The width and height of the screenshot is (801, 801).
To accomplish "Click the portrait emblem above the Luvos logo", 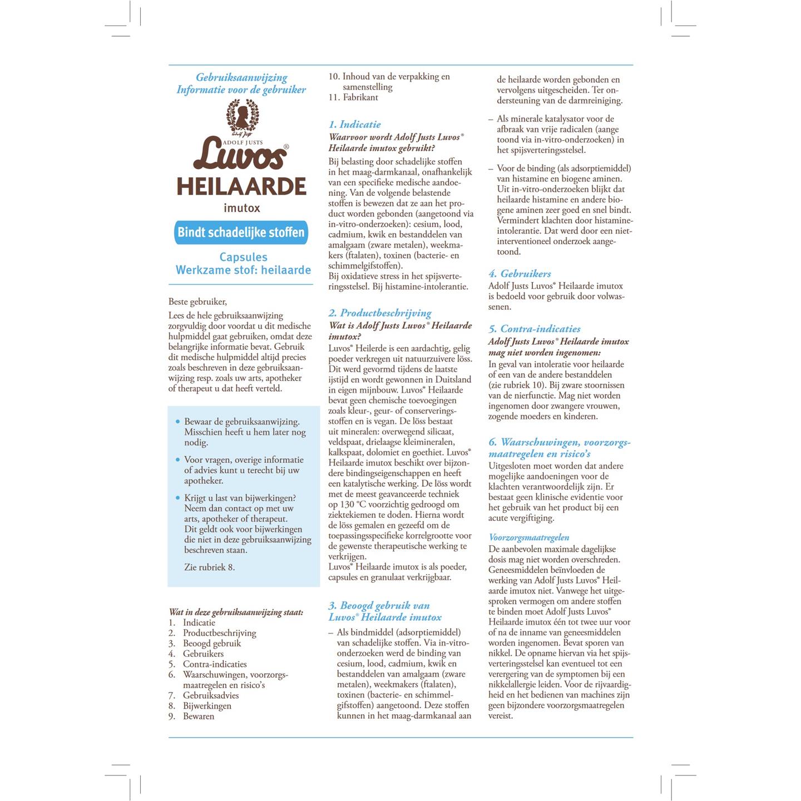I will click(241, 115).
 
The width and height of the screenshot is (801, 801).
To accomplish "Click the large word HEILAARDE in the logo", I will click(241, 186).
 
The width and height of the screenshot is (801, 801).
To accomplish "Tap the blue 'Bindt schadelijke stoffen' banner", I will click(241, 232).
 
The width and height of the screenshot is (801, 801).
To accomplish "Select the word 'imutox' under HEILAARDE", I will click(241, 208).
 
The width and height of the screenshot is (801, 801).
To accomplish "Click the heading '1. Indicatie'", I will click(354, 124).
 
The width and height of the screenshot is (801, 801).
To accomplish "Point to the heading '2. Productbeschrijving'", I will click(380, 313).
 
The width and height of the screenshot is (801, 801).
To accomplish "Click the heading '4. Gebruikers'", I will click(520, 273).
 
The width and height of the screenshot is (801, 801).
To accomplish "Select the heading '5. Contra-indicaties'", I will click(535, 329).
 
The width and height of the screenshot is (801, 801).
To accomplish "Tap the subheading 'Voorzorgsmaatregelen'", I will click(529, 537).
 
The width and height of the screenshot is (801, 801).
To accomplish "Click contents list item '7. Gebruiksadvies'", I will click(204, 695).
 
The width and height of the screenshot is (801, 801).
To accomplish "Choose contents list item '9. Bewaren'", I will click(192, 716).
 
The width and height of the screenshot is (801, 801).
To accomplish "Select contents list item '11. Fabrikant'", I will click(353, 97).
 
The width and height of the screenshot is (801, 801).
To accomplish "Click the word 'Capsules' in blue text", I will click(243, 257).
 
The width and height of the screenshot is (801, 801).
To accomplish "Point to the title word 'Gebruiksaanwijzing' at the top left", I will click(241, 77).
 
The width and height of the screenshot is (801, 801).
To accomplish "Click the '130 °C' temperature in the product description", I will click(352, 505).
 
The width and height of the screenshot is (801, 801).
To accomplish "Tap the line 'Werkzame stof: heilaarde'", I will click(243, 270).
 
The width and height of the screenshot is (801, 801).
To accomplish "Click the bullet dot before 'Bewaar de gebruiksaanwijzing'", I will click(177, 422).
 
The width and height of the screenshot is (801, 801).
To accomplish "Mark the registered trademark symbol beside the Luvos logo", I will click(286, 146).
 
